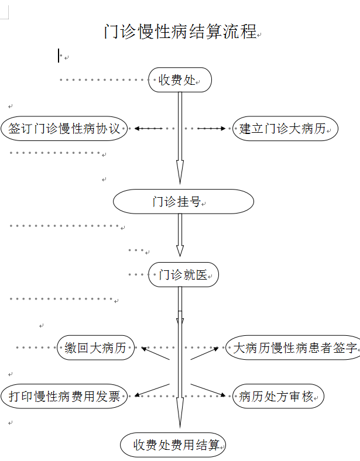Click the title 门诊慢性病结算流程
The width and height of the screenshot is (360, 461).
tap(180, 32)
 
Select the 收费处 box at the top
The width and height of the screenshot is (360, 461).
tap(180, 80)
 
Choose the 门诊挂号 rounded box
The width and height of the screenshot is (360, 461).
tap(183, 202)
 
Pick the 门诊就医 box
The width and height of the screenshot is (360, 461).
tap(183, 274)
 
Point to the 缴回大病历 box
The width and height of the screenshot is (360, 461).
tap(95, 348)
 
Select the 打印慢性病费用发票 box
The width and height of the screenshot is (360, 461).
tap(64, 396)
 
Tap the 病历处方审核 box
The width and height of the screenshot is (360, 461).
tap(277, 396)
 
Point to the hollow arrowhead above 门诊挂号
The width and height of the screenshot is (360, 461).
tap(180, 173)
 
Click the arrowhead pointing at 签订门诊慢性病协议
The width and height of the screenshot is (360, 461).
tap(138, 128)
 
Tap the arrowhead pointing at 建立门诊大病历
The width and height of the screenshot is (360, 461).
tap(222, 128)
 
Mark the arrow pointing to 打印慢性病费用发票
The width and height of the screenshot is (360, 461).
tap(139, 394)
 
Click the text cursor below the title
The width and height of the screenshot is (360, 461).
tap(59, 56)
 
